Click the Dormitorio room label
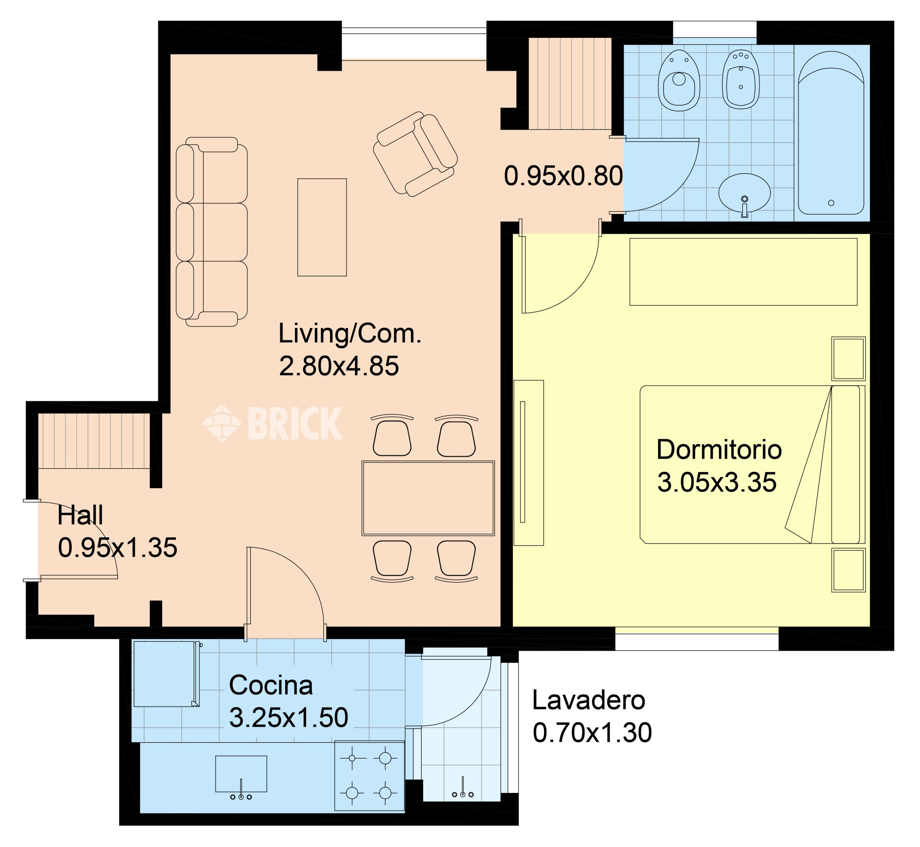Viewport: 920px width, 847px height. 719,450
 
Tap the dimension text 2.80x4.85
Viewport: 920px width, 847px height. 339,366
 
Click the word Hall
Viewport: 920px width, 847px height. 80,515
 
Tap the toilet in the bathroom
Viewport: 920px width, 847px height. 679,81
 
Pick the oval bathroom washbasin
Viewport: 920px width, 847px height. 745,193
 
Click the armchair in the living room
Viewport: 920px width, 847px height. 415,154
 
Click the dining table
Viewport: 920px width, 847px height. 428,498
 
